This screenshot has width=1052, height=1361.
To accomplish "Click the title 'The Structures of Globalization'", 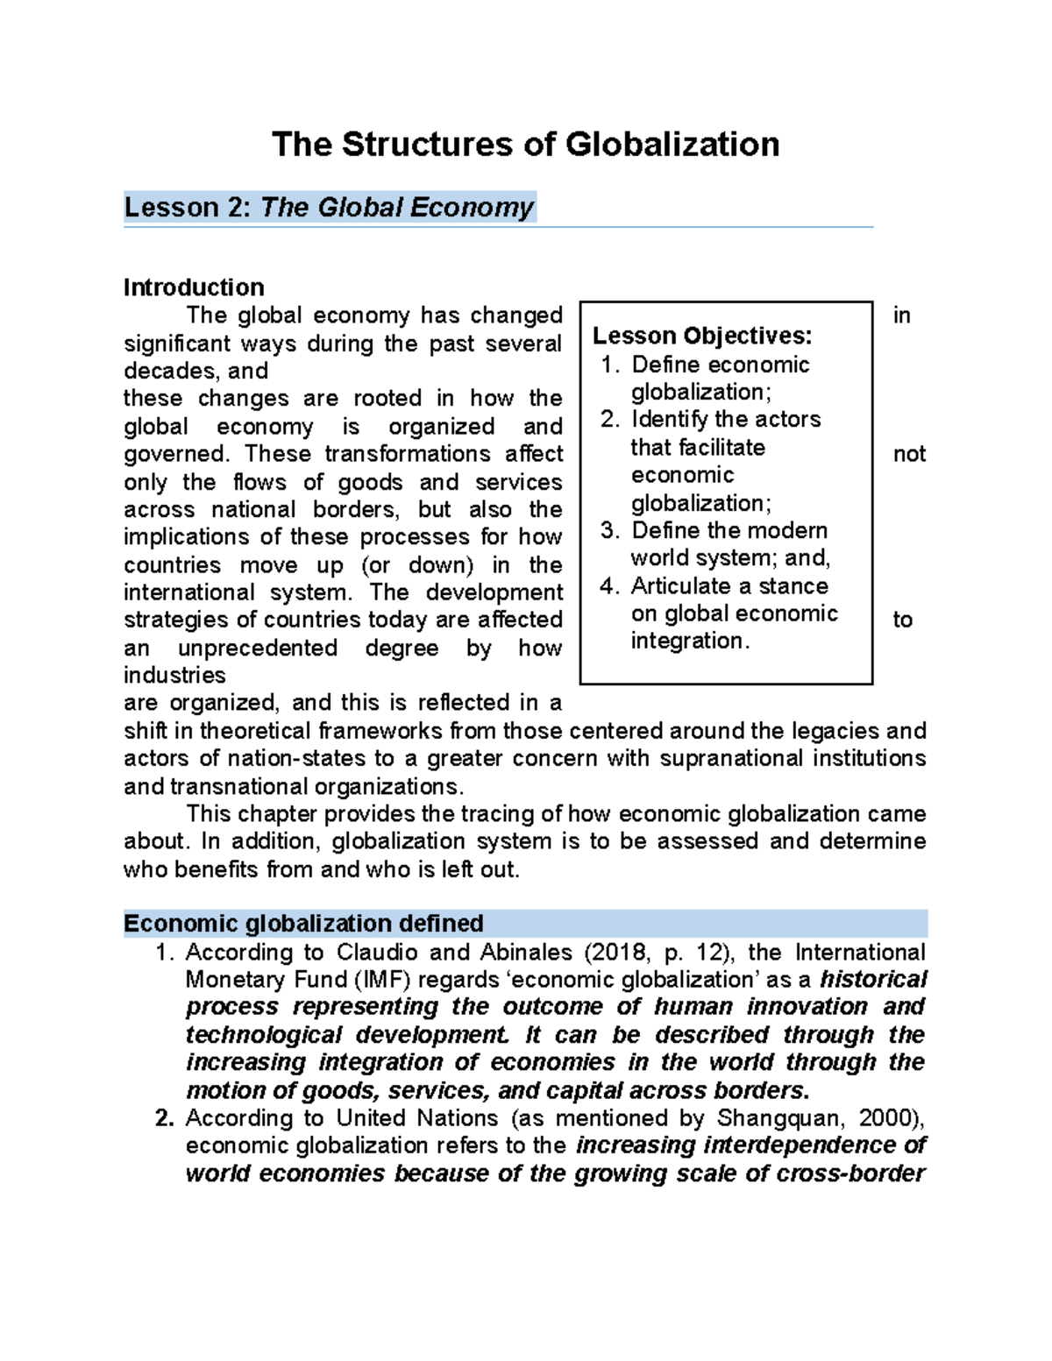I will (x=525, y=145).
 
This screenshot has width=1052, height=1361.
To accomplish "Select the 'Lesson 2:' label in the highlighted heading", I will (x=188, y=208).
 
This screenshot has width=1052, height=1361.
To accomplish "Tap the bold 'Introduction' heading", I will (x=194, y=287).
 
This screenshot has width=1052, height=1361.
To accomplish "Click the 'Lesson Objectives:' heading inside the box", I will (x=702, y=336).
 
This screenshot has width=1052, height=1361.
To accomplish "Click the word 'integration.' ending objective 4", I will (x=690, y=641).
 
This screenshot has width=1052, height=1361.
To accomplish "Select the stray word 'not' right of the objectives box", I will (x=909, y=454).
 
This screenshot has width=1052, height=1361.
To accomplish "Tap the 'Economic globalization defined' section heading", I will (x=303, y=924).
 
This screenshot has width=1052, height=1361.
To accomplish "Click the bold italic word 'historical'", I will (x=873, y=980).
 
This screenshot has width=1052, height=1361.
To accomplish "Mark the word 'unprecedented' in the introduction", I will (x=258, y=648).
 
